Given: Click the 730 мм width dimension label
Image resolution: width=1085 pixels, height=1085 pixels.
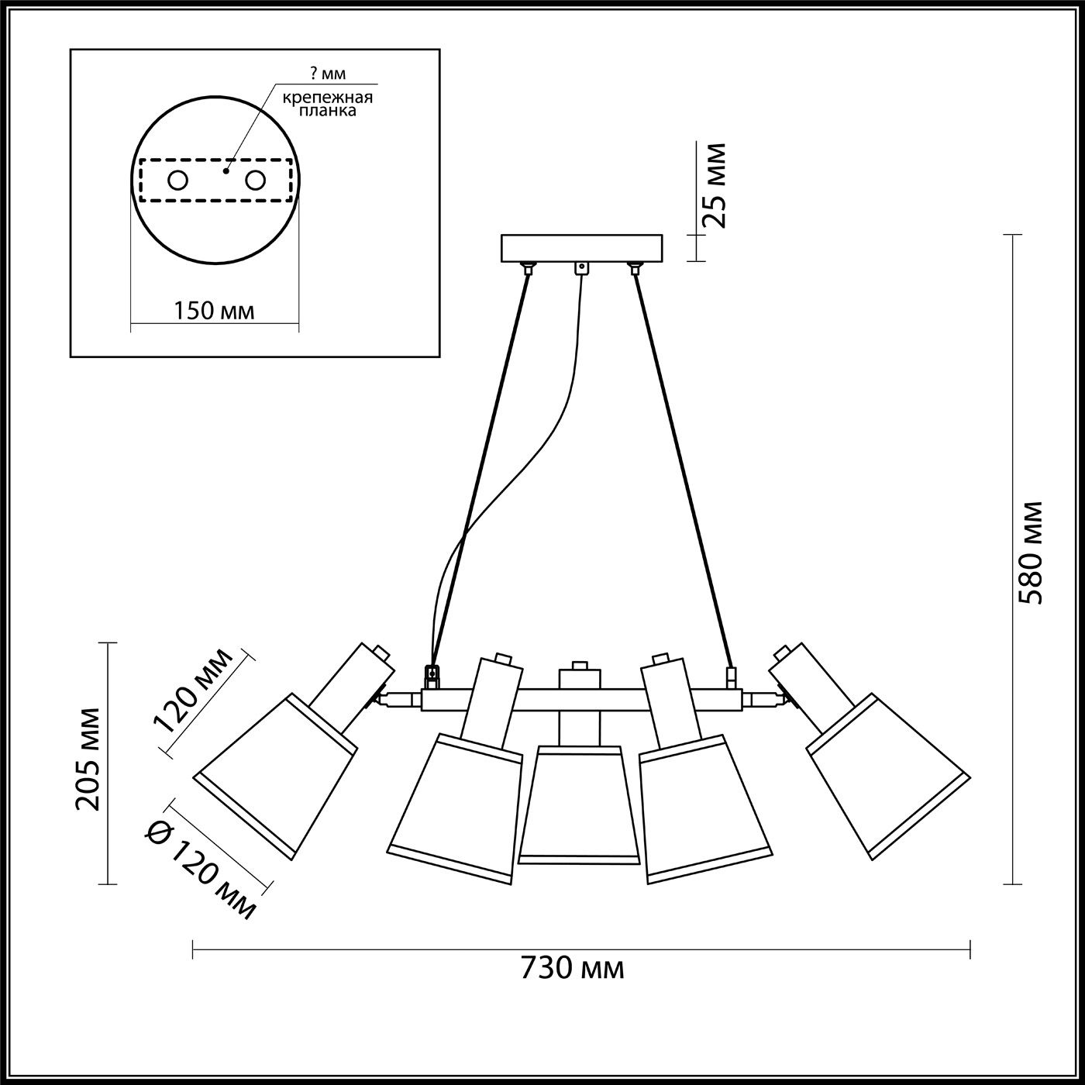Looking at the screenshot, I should pos(572,968).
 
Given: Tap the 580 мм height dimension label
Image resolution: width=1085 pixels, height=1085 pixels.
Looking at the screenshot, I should pos(1032,553).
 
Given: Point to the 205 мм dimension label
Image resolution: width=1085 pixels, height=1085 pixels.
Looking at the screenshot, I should pos(89,759).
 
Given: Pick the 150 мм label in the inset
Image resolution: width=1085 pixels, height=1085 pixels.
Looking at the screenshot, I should pos(214,311).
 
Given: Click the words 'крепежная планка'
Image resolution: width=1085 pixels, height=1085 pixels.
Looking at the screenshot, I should pos(327,104).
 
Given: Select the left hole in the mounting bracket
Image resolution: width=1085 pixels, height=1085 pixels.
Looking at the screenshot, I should pos(177,181).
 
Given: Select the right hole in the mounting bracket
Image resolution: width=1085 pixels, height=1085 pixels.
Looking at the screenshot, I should pos(255,181).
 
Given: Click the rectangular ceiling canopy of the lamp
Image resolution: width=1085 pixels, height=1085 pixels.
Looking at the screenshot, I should pos(581,248).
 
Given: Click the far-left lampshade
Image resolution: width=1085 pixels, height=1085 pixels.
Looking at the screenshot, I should pos(275,775).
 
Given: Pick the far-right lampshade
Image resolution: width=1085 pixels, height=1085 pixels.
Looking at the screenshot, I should pos(887,775).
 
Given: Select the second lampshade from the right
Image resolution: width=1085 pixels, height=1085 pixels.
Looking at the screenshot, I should pos(705,806).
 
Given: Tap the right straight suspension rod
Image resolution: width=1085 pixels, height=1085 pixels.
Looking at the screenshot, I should pos(682,465).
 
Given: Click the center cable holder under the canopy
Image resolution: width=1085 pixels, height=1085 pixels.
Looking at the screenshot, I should pos(580,268).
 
